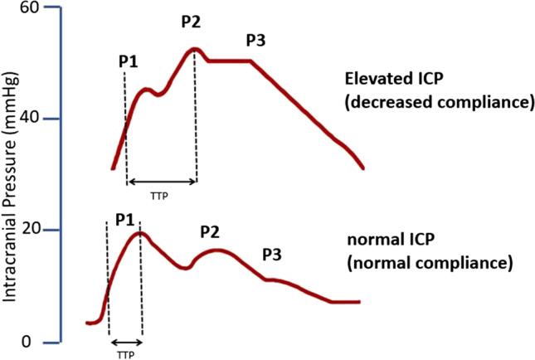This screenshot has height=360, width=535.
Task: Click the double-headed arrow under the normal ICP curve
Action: coord(125,341)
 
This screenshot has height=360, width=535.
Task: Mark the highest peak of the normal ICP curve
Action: coord(140,233)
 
